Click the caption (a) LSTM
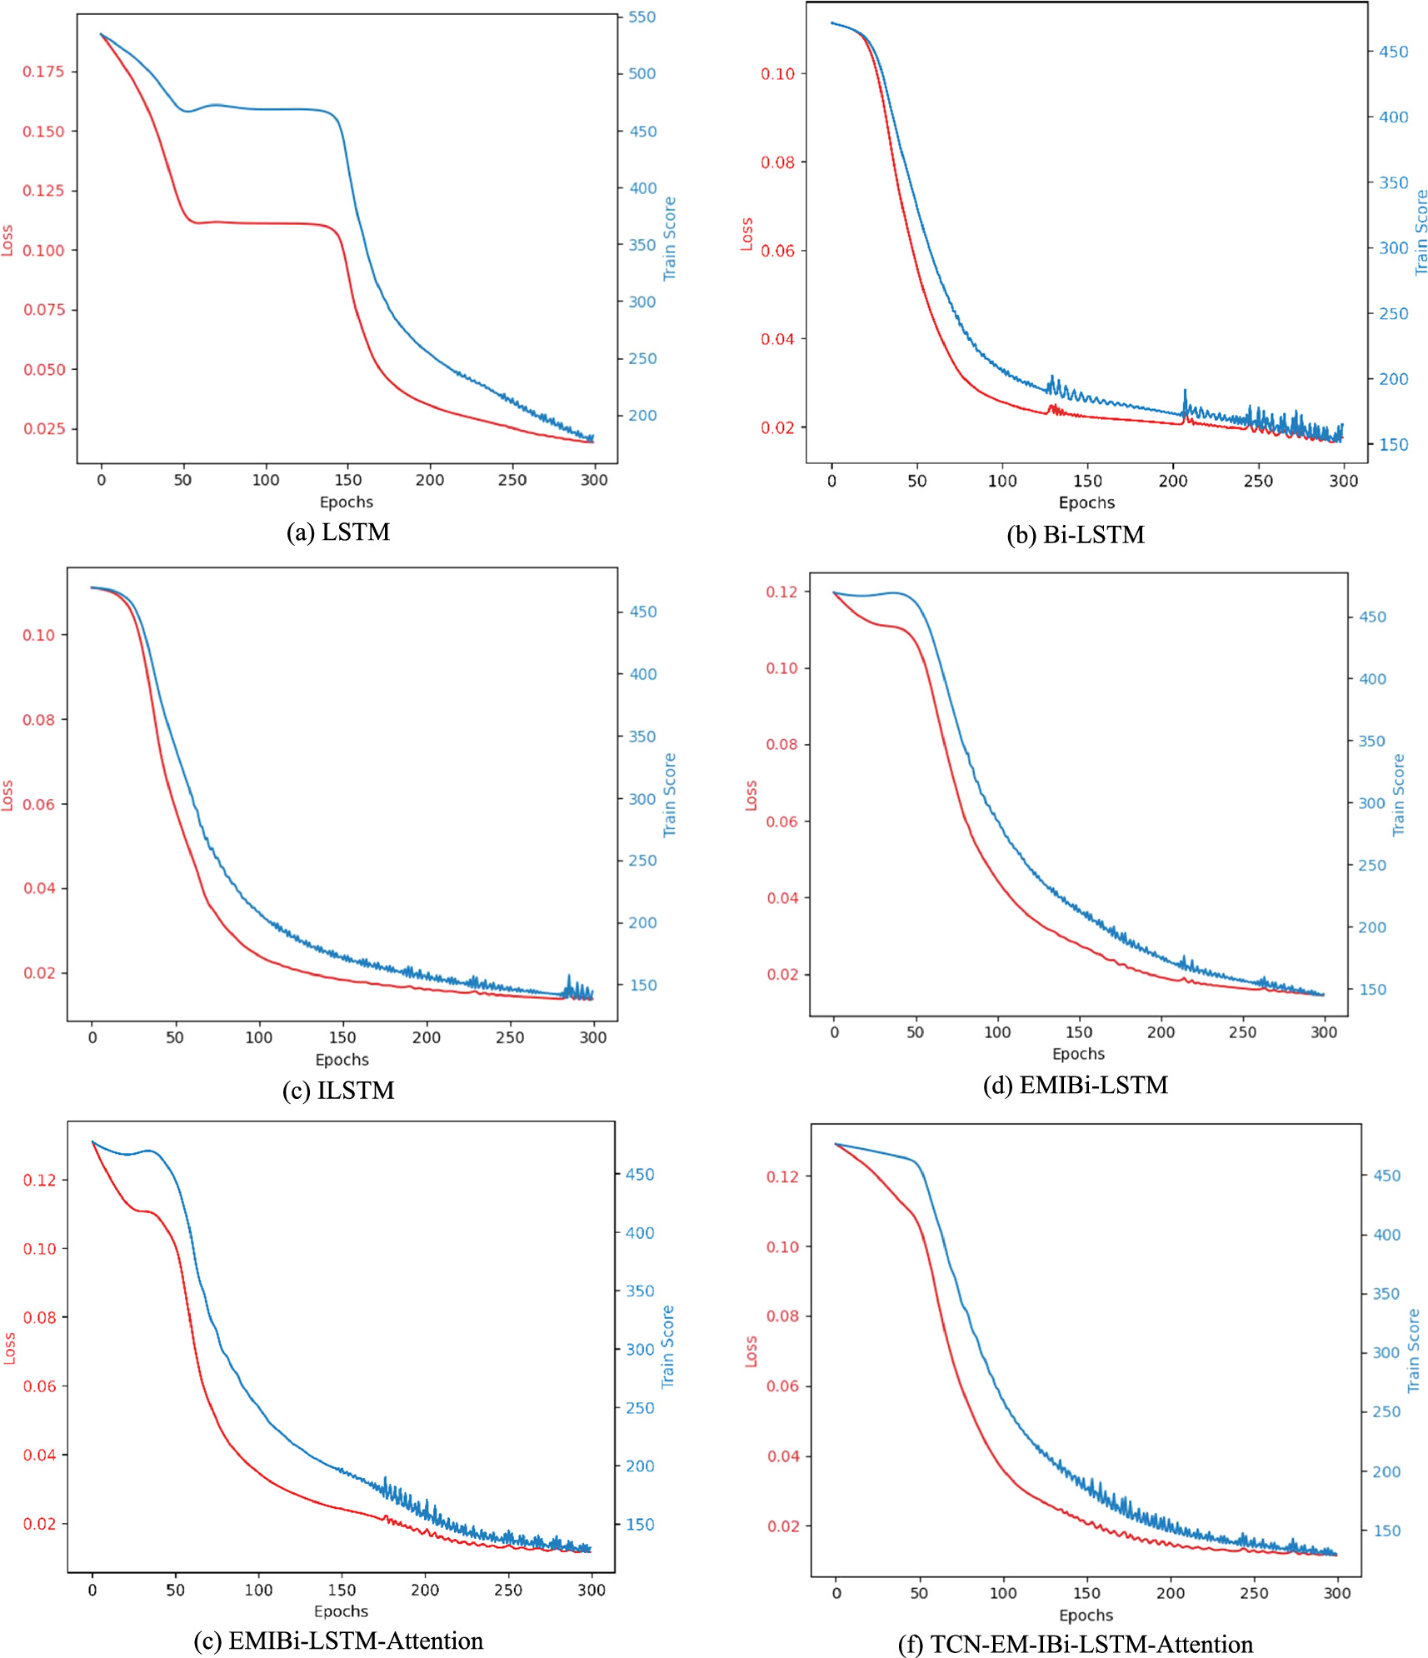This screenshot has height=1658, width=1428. pos(338,532)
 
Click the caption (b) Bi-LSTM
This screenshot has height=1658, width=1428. pos(1076,535)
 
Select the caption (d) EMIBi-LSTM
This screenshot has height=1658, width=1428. pos(1076,1085)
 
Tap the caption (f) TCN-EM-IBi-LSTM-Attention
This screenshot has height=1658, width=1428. pos(1076,1644)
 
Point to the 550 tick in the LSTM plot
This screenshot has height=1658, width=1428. pos(642,17)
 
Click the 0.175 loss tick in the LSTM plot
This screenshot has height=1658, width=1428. pos(43,72)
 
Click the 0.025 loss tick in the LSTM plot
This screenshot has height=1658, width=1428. pos(43,429)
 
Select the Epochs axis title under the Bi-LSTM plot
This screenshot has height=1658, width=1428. pos(1086,502)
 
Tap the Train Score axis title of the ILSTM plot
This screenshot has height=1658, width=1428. pos(670,795)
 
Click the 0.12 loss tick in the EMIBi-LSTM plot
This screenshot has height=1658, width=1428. pos(781,592)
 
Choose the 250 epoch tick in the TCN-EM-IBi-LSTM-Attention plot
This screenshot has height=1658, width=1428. pos(1254,1593)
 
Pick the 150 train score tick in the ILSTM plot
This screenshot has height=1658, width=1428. pos(642,985)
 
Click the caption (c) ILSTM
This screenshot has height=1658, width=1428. pos(338,1090)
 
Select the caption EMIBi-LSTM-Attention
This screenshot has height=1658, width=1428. pos(338,1641)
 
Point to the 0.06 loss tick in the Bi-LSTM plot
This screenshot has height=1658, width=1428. pos(777,251)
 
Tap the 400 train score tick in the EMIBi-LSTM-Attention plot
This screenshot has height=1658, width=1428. pos(640,1233)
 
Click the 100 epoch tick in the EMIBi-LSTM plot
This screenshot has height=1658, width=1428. pos(997,1032)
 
